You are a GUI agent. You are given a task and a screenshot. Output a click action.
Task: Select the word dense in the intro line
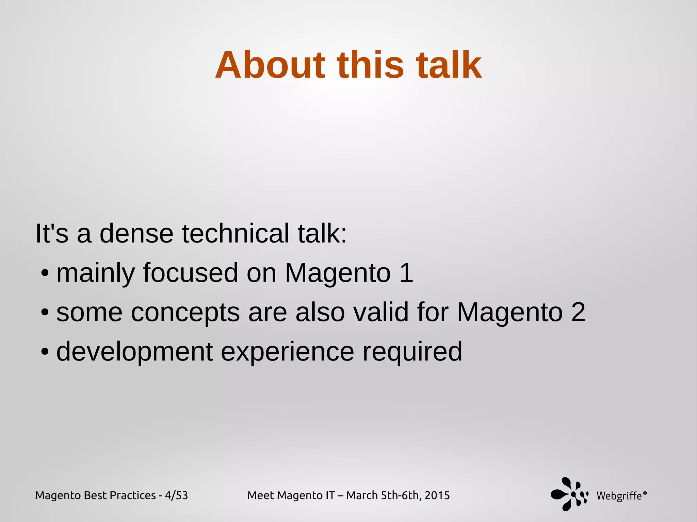[x=136, y=234]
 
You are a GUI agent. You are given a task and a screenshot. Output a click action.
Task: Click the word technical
[x=236, y=234]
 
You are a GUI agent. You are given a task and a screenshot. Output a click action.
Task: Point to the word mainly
[x=95, y=273]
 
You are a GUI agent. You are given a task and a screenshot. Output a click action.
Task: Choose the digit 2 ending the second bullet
[x=578, y=312]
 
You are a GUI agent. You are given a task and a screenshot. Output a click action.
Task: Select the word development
[x=134, y=352]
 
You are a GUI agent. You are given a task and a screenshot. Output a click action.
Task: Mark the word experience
[x=288, y=352]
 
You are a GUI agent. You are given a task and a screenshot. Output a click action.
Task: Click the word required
[x=412, y=352]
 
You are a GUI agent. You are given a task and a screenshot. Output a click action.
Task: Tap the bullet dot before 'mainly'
[x=44, y=273]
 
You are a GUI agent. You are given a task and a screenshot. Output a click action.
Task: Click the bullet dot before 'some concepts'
[x=44, y=313]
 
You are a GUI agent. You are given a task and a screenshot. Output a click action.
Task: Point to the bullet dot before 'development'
[x=44, y=352]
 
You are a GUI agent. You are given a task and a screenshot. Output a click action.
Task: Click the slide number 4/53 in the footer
[x=176, y=495]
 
